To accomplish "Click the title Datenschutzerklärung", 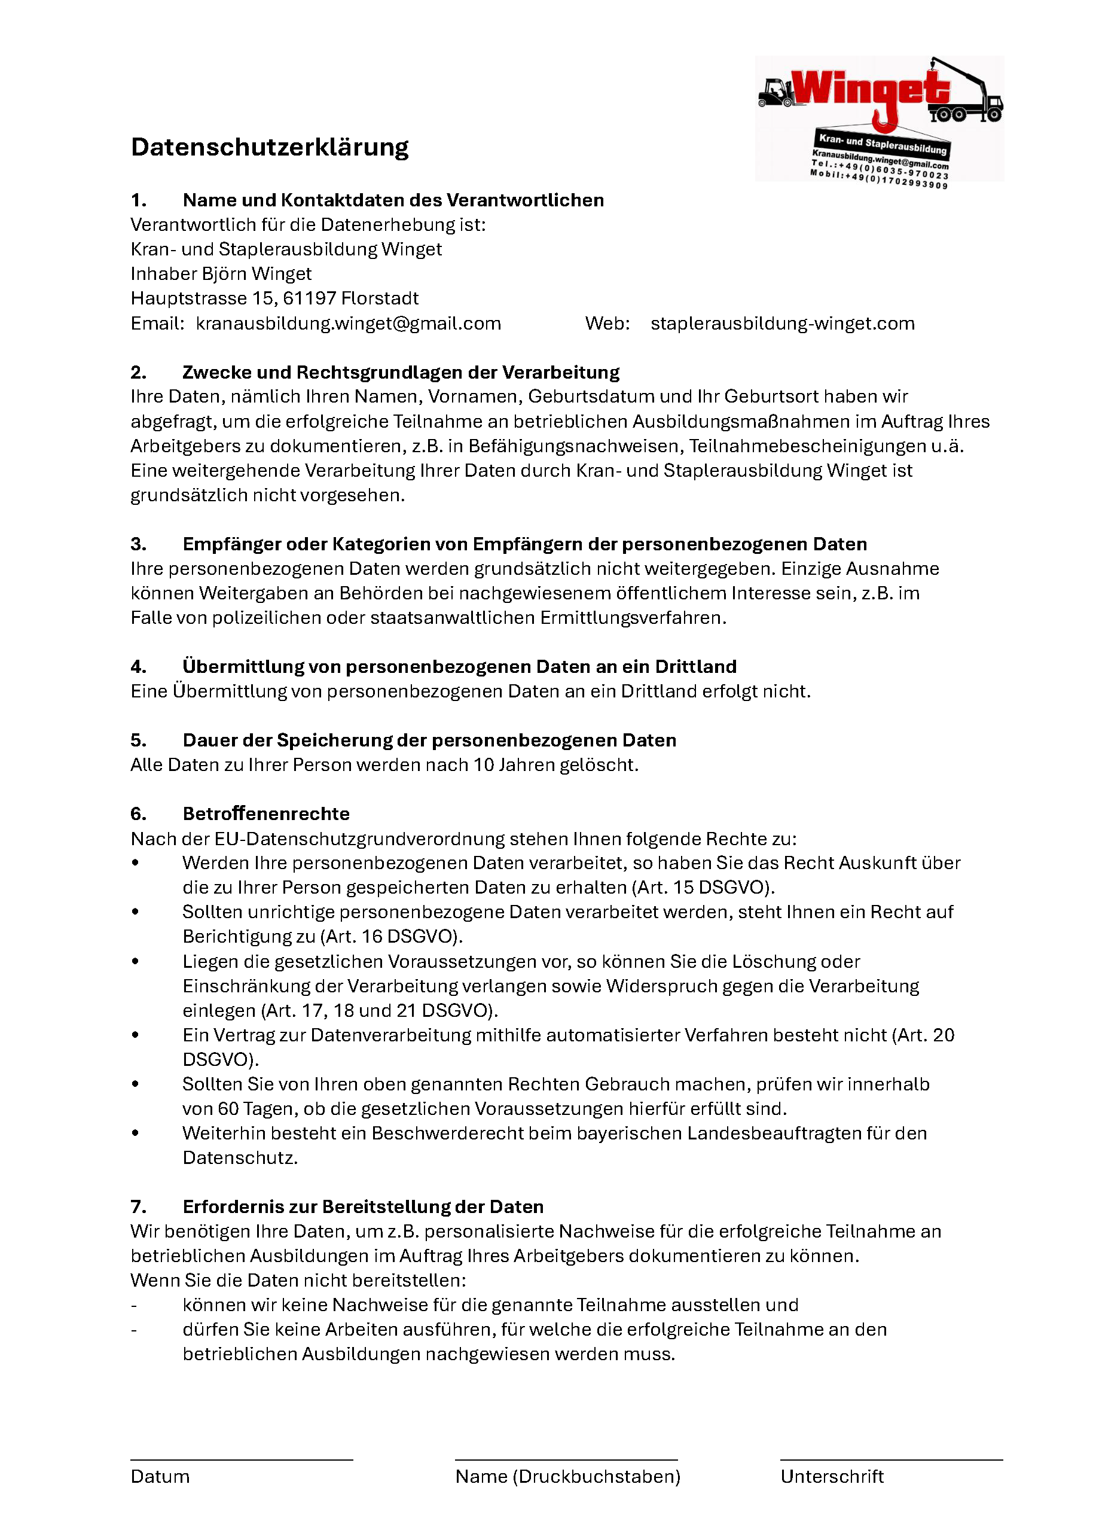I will pyautogui.click(x=269, y=147).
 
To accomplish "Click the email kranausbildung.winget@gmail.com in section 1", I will pyautogui.click(x=348, y=324).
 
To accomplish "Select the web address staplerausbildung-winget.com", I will pyautogui.click(x=782, y=324).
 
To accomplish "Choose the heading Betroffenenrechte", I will pyautogui.click(x=266, y=814).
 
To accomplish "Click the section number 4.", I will pyautogui.click(x=138, y=666).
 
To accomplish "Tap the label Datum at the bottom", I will pyautogui.click(x=160, y=1476).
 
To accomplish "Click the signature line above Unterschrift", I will pyautogui.click(x=891, y=1459).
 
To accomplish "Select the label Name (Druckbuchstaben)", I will pyautogui.click(x=567, y=1476).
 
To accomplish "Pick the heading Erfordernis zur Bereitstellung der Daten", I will pyautogui.click(x=363, y=1206).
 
